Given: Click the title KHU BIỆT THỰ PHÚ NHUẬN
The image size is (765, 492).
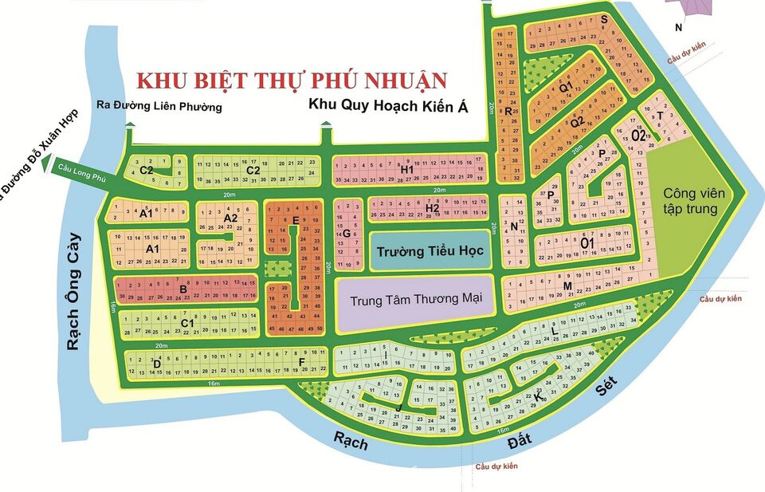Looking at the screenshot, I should point(292,81).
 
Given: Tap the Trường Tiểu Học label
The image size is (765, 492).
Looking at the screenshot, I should point(419,251).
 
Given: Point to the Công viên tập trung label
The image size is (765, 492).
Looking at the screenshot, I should point(690,201).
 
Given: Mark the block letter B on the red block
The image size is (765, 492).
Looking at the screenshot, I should point(182,289).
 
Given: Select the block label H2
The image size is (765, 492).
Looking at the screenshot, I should point(431,208).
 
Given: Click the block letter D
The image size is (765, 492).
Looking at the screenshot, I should point(157,364).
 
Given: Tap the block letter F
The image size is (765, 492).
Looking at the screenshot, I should point(302,362).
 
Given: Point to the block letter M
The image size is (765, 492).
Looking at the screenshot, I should point(567,286).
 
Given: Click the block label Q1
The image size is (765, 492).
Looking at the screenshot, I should point(566,87).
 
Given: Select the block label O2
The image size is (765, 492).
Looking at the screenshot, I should point(638,135).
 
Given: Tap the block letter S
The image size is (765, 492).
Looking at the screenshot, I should point(605,19).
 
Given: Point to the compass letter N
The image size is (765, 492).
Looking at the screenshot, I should point(678,28).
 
